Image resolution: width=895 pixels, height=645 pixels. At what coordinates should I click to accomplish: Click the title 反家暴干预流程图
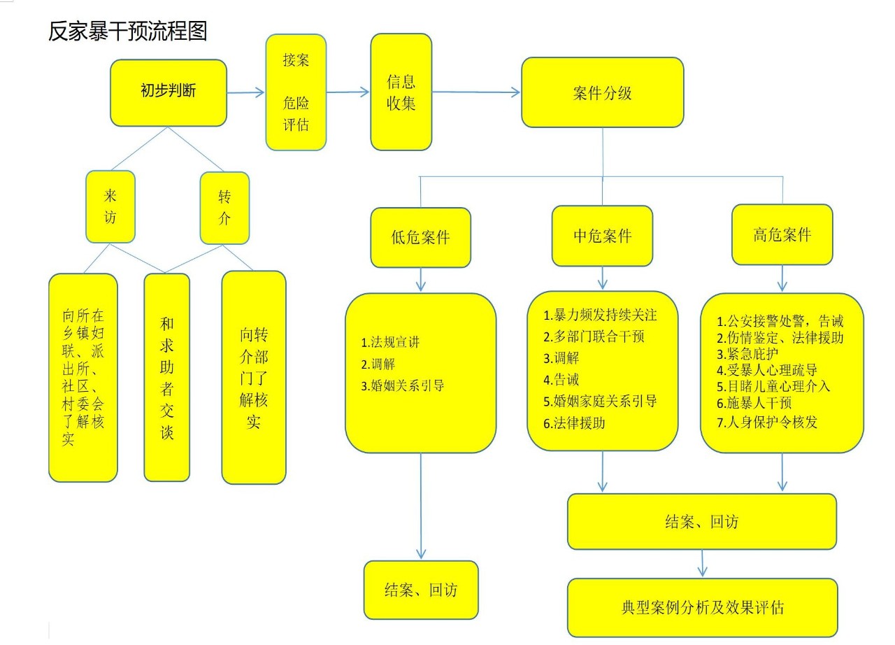point(128,31)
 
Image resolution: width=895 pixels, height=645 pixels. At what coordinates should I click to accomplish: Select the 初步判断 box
point(169,92)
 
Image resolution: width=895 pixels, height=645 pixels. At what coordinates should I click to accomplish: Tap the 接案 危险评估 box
point(296,92)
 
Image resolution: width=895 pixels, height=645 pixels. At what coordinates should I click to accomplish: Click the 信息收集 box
point(401,92)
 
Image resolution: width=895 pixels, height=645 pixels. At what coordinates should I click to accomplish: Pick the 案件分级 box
point(602,92)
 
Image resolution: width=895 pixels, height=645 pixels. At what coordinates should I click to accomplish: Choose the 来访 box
point(110,207)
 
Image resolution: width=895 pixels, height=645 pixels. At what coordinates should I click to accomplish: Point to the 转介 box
point(224,207)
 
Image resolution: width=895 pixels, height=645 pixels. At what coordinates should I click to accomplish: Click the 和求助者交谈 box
point(166,377)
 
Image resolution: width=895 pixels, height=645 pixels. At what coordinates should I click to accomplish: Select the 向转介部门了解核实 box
point(253,377)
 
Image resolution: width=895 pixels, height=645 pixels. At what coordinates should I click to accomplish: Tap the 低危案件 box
point(420,237)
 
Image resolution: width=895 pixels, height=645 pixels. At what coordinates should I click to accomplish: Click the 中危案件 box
point(602,236)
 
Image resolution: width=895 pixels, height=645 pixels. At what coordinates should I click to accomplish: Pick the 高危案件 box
point(782,234)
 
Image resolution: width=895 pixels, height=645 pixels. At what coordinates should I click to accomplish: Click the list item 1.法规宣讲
point(391,343)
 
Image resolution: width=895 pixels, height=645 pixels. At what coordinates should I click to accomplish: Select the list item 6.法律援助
point(574,423)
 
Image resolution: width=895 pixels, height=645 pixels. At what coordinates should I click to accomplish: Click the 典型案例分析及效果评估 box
point(702,607)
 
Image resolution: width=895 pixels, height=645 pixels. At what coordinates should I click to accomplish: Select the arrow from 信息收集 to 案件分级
point(475,92)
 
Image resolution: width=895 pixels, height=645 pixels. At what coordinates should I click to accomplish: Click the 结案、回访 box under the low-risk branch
point(420,590)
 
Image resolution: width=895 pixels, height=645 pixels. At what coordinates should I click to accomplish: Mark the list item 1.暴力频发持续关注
point(600,315)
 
